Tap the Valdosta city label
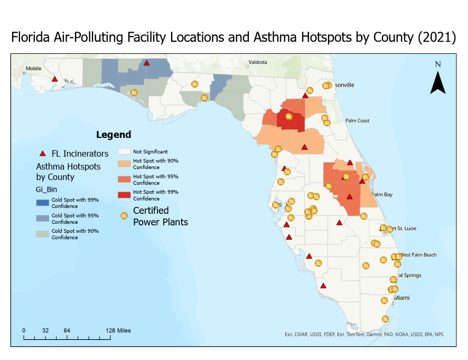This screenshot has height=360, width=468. pyautogui.click(x=257, y=62)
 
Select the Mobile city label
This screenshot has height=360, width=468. pyautogui.click(x=33, y=68)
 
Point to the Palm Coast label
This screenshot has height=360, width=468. pyautogui.click(x=358, y=120)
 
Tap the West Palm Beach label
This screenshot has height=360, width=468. pyautogui.click(x=418, y=255)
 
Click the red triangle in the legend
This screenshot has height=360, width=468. pyautogui.click(x=43, y=154)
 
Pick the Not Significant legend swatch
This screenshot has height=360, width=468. pyautogui.click(x=124, y=151)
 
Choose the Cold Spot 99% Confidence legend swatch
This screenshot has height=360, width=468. pyautogui.click(x=43, y=203)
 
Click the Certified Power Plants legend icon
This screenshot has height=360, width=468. pyautogui.click(x=124, y=216)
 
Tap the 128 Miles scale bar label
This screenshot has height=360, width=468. pyautogui.click(x=117, y=330)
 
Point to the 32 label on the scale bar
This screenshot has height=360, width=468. pyautogui.click(x=45, y=330)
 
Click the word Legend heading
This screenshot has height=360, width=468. pyautogui.click(x=113, y=135)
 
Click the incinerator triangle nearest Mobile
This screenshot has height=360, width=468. pyautogui.click(x=54, y=79)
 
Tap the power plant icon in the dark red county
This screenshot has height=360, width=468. pyautogui.click(x=288, y=117)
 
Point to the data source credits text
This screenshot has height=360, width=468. pyautogui.click(x=364, y=334)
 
